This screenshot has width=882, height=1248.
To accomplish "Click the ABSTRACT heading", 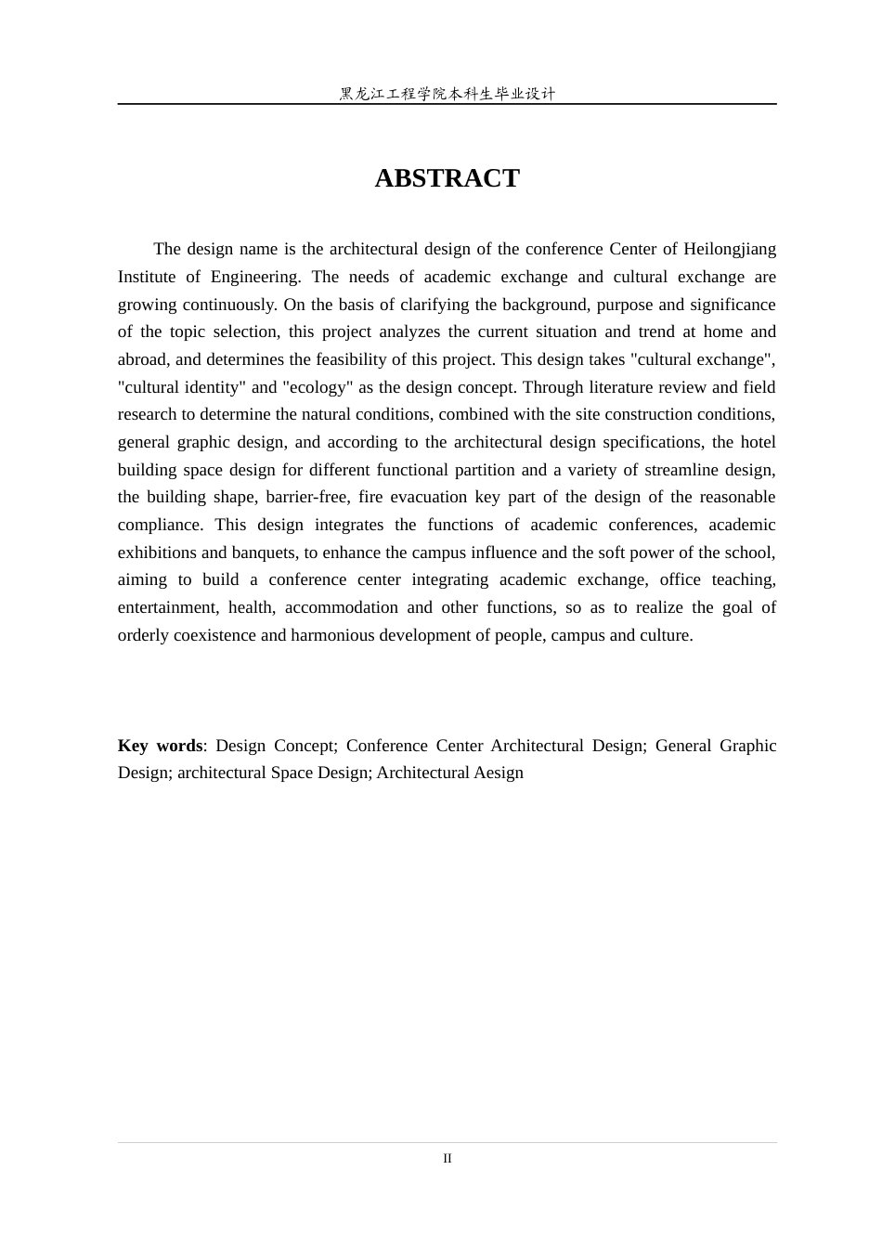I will click(x=447, y=178).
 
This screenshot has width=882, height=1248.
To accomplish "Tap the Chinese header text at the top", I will click(x=447, y=94).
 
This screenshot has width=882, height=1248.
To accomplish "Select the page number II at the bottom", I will click(x=447, y=1158).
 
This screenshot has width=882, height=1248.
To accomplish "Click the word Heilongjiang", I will click(x=730, y=249).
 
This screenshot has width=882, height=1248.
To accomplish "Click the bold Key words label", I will click(x=160, y=746).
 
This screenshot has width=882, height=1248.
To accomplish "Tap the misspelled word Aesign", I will click(x=500, y=773).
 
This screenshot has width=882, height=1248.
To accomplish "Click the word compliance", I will click(x=160, y=525).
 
